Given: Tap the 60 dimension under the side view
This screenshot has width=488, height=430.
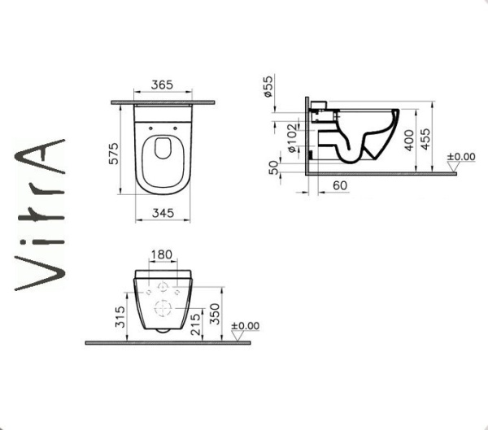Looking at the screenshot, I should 341,186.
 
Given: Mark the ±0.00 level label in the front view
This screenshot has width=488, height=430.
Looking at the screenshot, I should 245,326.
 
